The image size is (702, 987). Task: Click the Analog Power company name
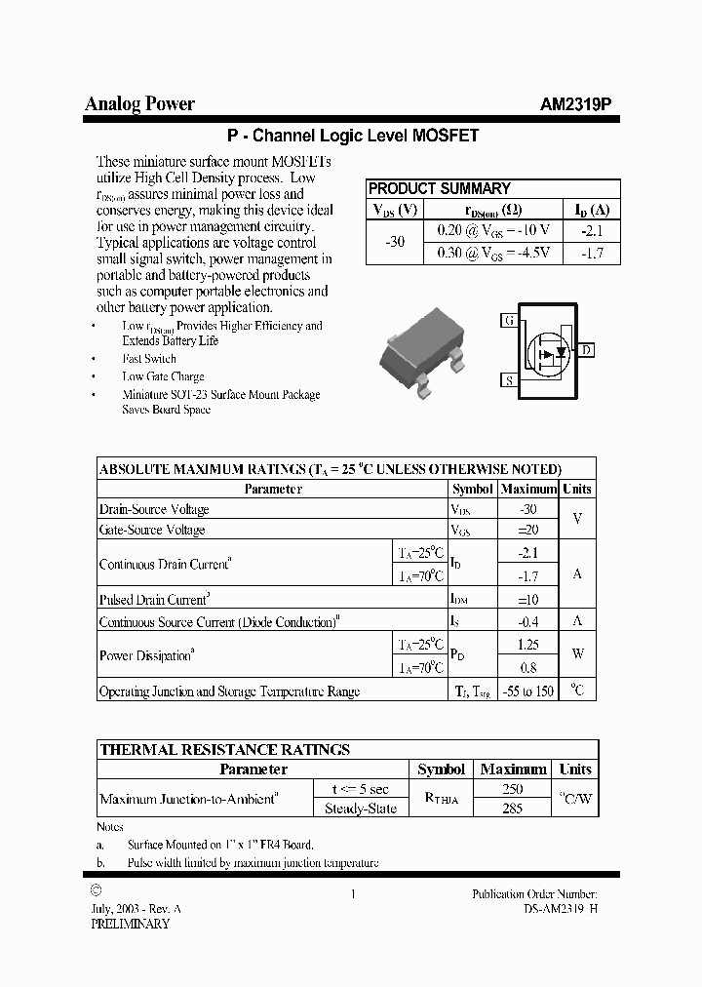pyautogui.click(x=139, y=103)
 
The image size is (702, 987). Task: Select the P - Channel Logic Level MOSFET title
pyautogui.click(x=352, y=137)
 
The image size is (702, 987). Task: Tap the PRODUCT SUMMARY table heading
pyautogui.click(x=439, y=189)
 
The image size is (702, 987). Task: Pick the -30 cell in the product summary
pyautogui.click(x=394, y=241)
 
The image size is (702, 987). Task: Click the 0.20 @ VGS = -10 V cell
pyautogui.click(x=492, y=230)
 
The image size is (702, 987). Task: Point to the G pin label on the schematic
pyautogui.click(x=508, y=320)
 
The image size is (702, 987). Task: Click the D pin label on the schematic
pyautogui.click(x=586, y=350)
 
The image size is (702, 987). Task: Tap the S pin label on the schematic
pyautogui.click(x=508, y=380)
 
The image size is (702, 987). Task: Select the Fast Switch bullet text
pyautogui.click(x=149, y=359)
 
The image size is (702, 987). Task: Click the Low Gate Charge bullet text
pyautogui.click(x=163, y=376)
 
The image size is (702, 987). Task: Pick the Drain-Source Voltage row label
pyautogui.click(x=154, y=509)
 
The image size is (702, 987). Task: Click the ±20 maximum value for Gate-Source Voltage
pyautogui.click(x=527, y=530)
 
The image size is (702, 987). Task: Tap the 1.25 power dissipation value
pyautogui.click(x=527, y=645)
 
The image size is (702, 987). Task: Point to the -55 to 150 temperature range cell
pyautogui.click(x=527, y=691)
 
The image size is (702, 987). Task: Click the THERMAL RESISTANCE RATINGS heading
pyautogui.click(x=224, y=750)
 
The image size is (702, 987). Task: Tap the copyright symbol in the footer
pyautogui.click(x=95, y=890)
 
